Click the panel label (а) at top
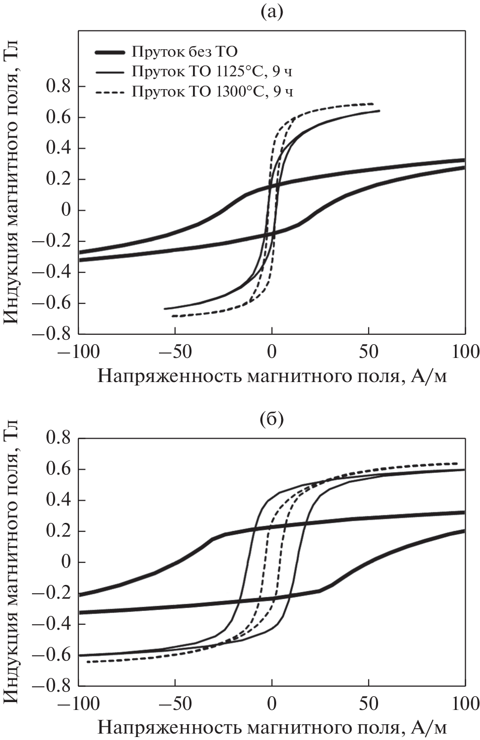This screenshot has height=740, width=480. [x=271, y=12]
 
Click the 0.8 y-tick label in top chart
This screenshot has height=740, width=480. [x=59, y=87]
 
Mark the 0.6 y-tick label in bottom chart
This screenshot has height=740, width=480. [x=59, y=469]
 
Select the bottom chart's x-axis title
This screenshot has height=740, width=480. [x=272, y=728]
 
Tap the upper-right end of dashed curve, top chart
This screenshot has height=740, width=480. [x=373, y=104]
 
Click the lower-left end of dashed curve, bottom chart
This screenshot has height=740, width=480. [x=88, y=662]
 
